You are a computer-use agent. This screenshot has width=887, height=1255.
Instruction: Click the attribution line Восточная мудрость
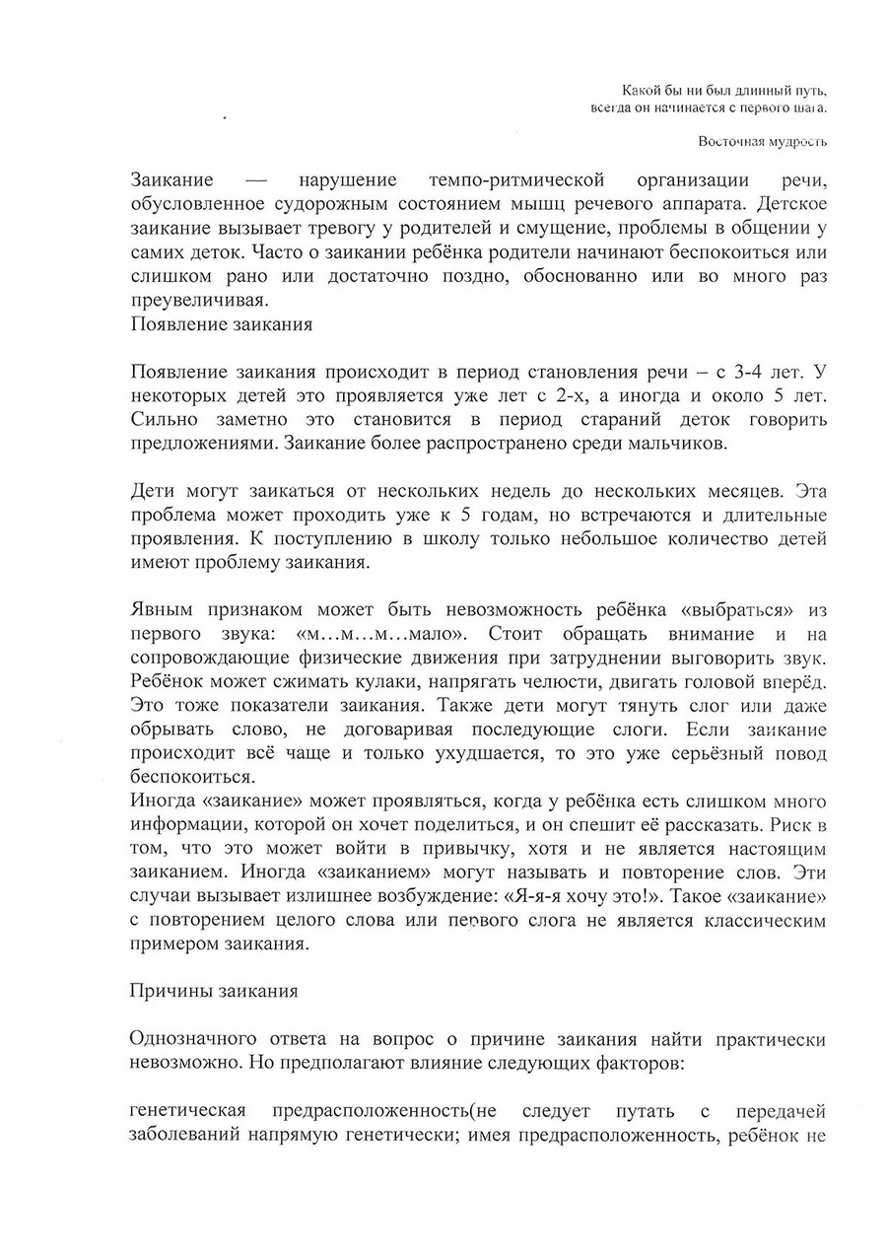click(x=762, y=141)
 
